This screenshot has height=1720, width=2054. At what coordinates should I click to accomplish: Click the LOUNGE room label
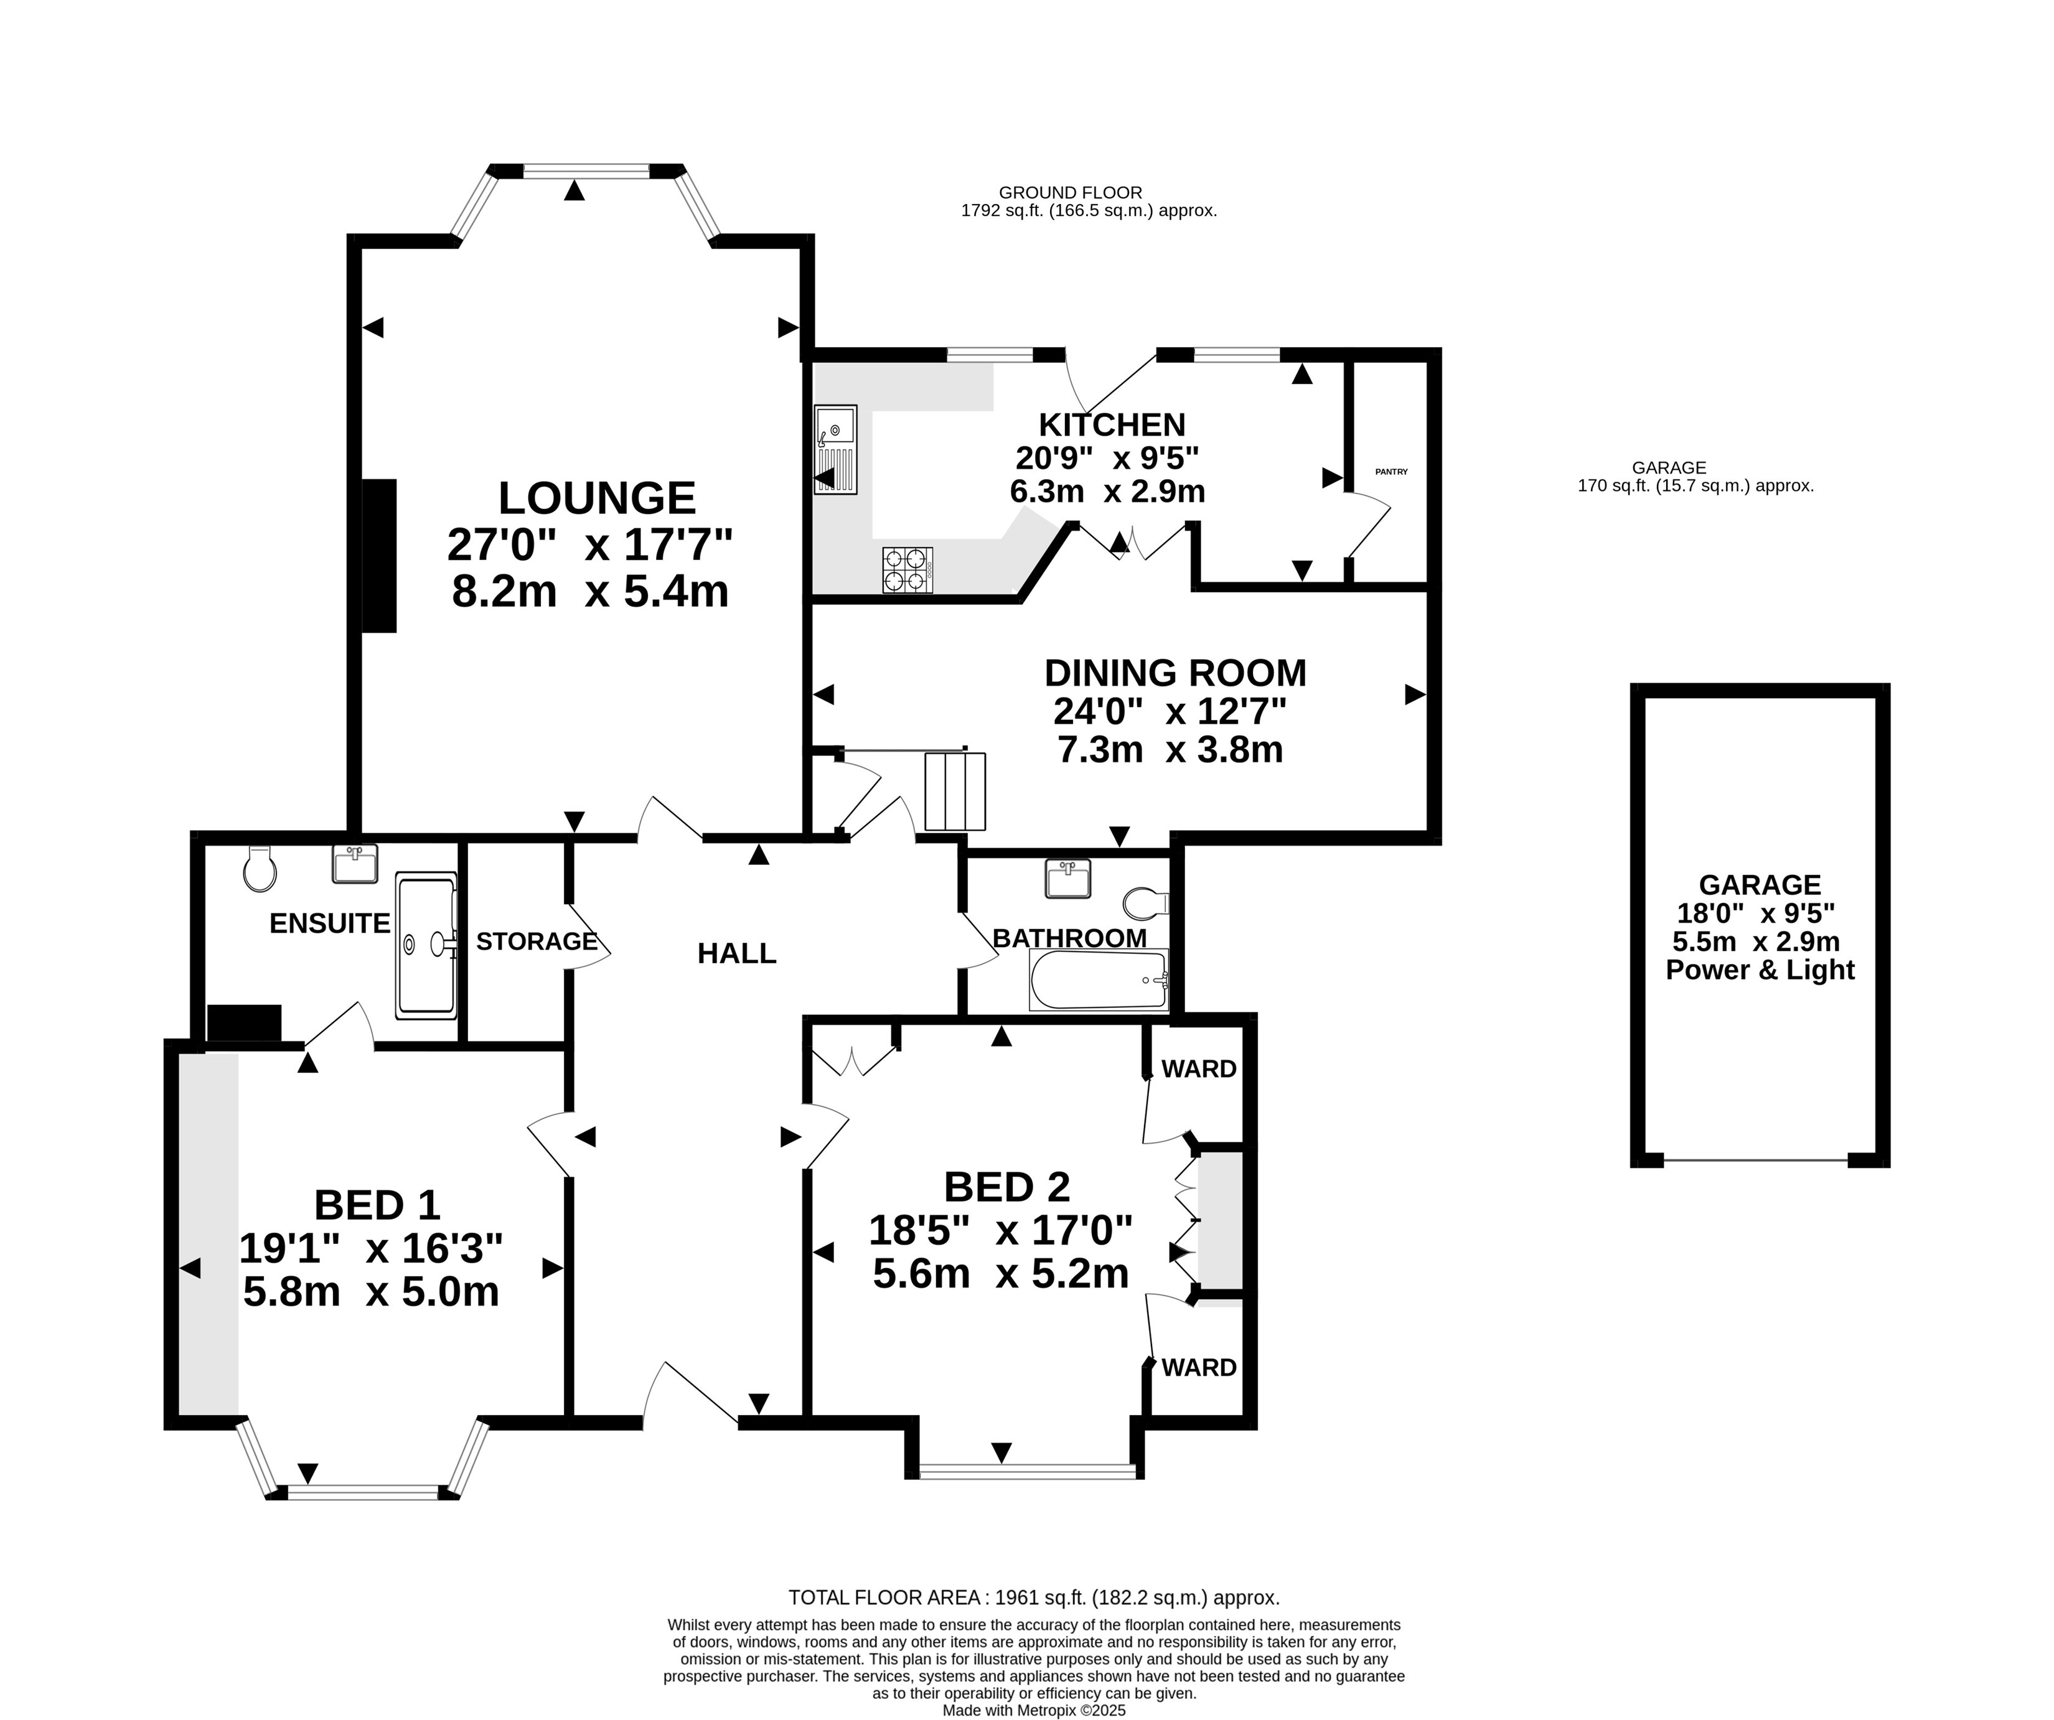[597, 498]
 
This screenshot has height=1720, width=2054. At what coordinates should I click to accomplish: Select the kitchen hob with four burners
[907, 570]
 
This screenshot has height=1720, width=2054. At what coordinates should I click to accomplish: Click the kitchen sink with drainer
[835, 449]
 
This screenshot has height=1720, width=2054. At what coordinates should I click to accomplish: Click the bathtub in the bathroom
[1099, 979]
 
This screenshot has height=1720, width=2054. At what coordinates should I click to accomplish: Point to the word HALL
[736, 953]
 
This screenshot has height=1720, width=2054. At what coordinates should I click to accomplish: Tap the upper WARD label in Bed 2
[1199, 1068]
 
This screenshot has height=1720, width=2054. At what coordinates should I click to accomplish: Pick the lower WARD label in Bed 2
[1199, 1367]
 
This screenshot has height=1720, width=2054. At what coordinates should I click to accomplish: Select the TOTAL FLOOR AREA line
[1034, 1598]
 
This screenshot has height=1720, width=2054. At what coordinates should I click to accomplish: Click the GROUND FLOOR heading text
[1070, 193]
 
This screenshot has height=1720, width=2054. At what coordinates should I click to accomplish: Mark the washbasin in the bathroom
[1068, 878]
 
